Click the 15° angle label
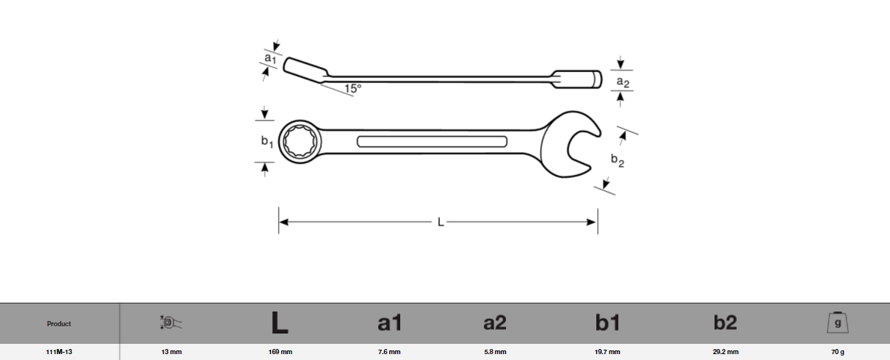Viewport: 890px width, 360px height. point(352,88)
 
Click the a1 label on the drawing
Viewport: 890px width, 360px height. point(270,57)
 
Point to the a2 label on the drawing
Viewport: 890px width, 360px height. point(623,82)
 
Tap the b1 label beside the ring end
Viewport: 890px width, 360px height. point(267,142)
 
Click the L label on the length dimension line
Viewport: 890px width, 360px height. point(441,222)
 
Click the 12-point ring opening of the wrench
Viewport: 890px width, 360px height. point(298,140)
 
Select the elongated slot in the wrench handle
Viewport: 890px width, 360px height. point(432,142)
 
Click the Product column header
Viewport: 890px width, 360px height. point(59,323)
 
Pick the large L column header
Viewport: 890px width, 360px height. point(279,323)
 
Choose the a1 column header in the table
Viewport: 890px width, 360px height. point(389,323)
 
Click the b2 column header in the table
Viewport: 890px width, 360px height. point(726,323)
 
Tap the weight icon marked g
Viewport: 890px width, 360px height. point(837,323)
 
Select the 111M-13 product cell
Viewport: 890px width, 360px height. point(59,352)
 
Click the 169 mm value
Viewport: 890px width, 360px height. point(281,352)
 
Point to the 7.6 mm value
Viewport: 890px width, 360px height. point(389,352)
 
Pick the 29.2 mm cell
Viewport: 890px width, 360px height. point(726,352)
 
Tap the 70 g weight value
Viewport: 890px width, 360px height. point(837,352)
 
